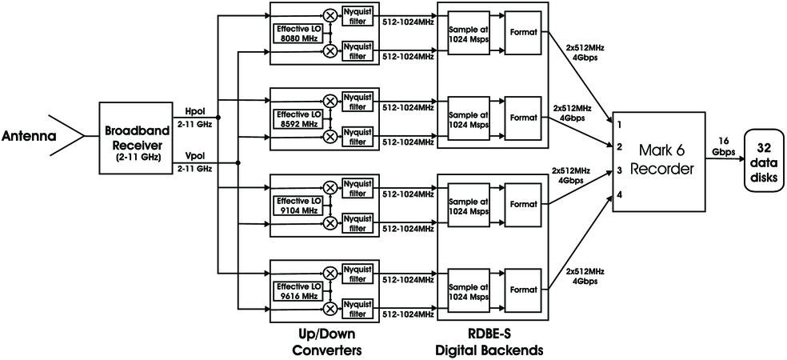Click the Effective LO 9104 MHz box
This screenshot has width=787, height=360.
tap(298, 205)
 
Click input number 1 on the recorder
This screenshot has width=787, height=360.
tap(619, 125)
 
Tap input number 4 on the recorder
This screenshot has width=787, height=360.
tap(619, 194)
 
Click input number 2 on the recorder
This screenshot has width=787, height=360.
tap(619, 147)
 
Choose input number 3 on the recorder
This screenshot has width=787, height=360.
tap(619, 170)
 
